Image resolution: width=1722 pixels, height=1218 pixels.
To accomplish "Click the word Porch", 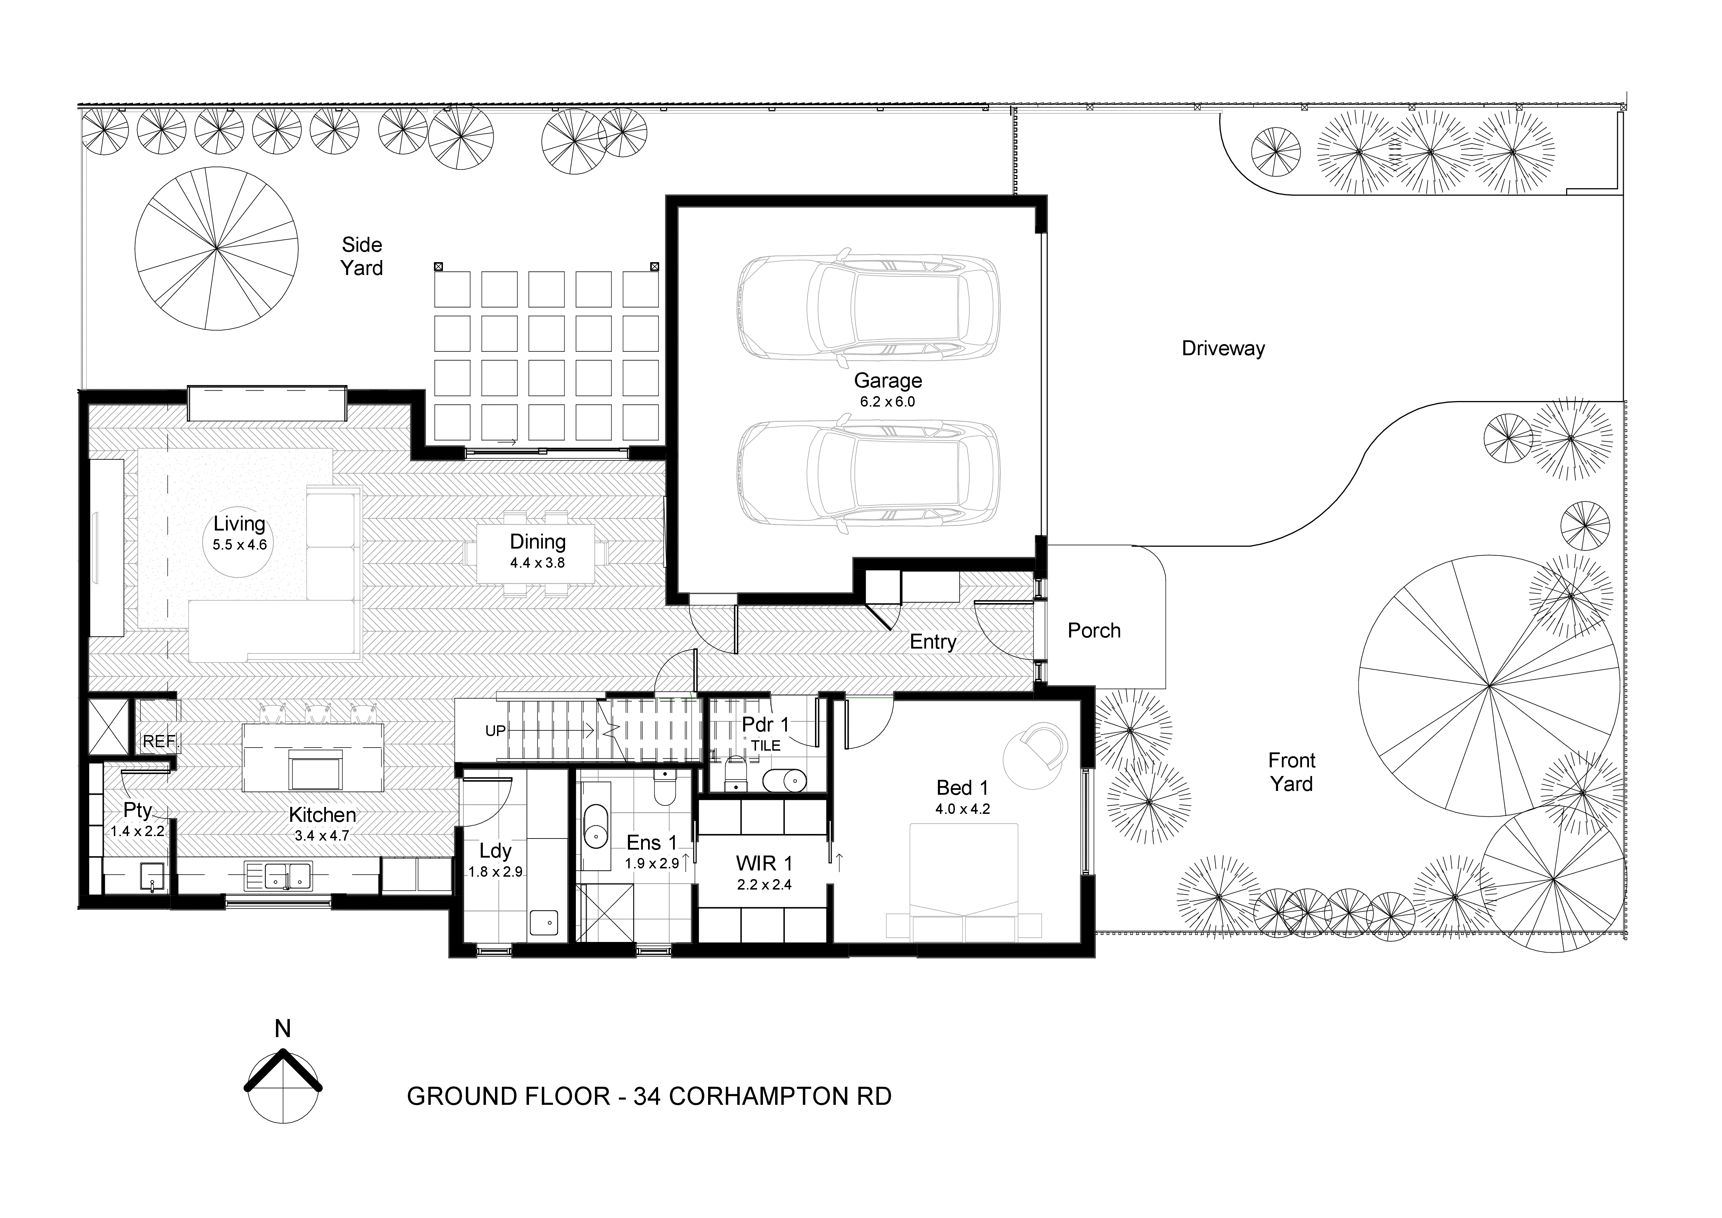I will pos(1093,631).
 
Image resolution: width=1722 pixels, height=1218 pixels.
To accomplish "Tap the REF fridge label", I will pos(158,741).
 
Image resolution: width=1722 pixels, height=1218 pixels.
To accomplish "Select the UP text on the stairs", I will pos(495,731).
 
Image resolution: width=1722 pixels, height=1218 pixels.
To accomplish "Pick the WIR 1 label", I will pos(764,863).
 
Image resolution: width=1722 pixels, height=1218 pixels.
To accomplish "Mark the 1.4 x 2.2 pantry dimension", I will pos(137,831).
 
